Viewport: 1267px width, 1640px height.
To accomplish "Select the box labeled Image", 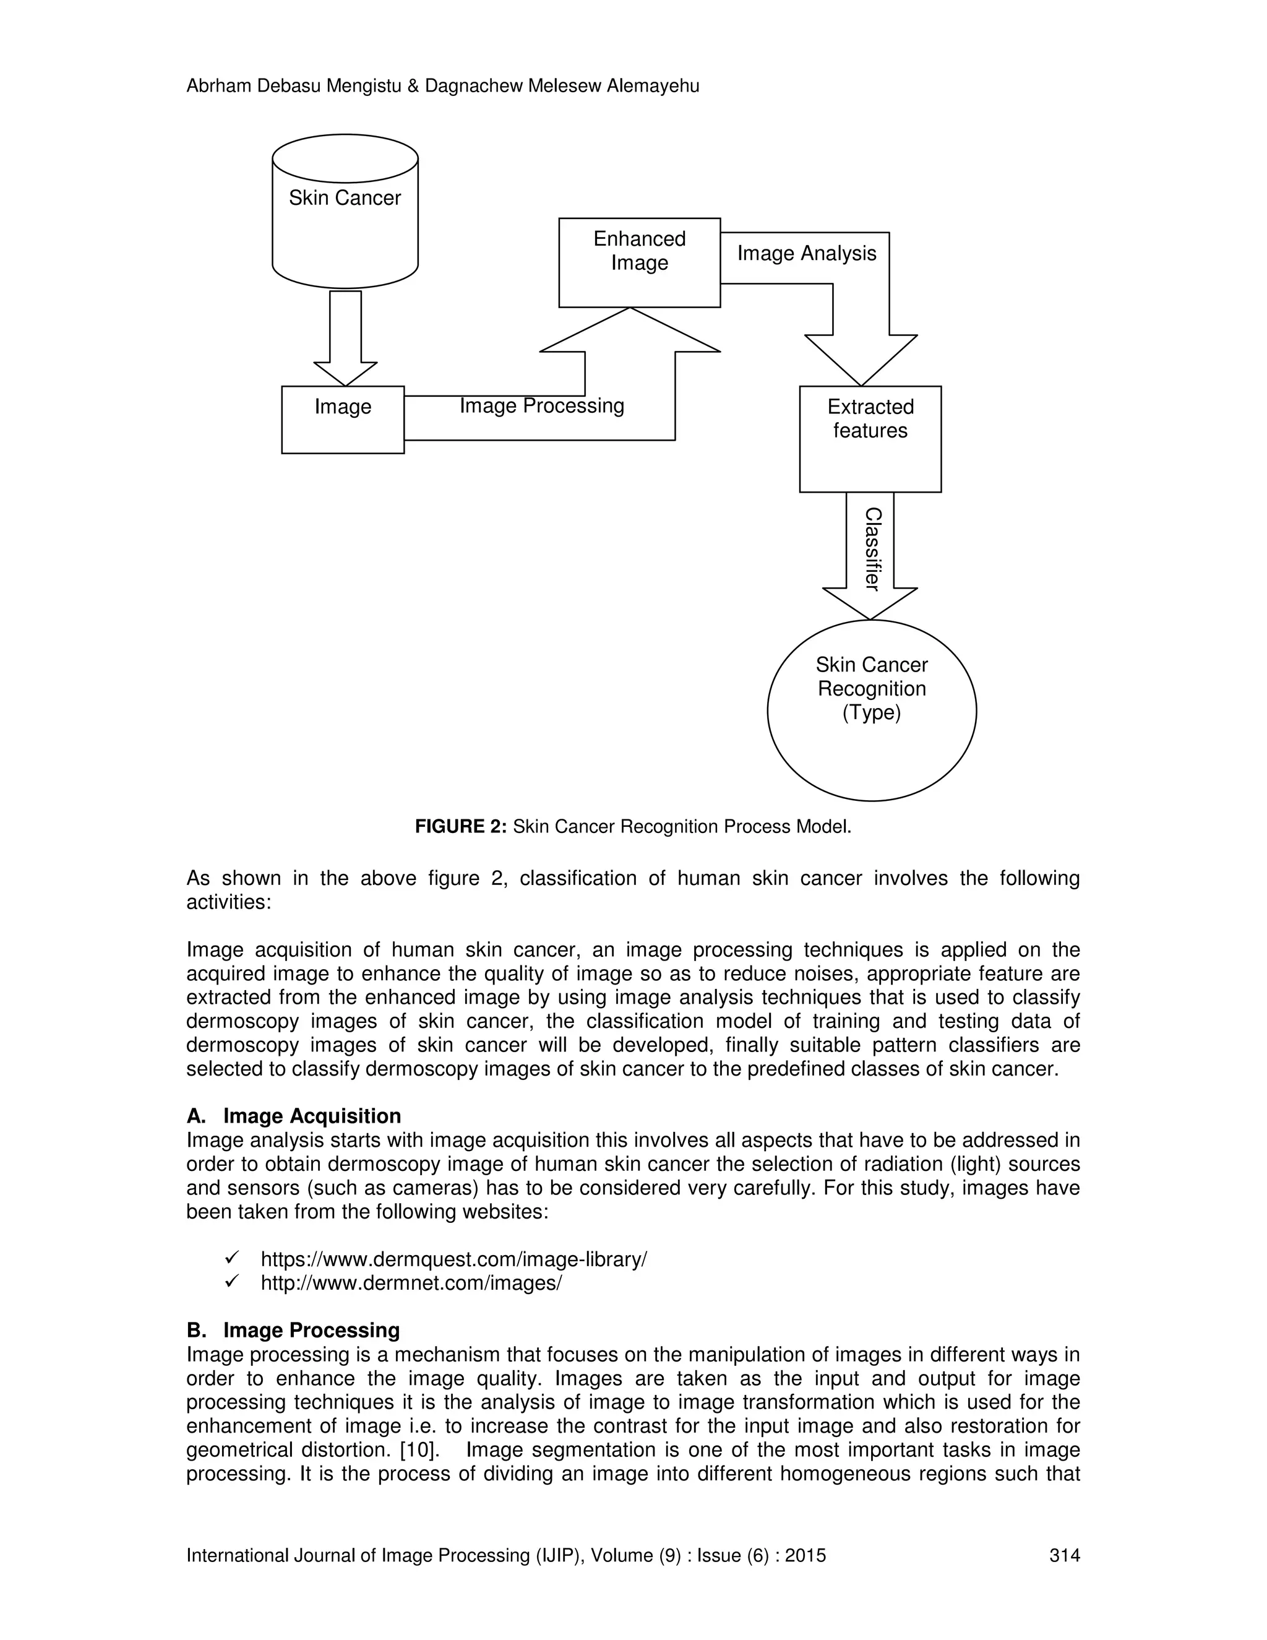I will tap(342, 420).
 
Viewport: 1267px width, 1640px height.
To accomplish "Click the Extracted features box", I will tap(870, 439).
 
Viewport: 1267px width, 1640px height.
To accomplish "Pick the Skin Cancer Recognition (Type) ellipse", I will tap(872, 710).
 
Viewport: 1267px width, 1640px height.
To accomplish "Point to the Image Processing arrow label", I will tap(541, 406).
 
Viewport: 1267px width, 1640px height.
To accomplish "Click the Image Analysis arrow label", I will tap(806, 254).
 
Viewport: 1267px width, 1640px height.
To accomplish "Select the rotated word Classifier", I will tap(872, 549).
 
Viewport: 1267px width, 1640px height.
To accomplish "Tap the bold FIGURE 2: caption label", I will tap(461, 827).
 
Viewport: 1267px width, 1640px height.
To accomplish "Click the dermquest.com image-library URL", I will tap(453, 1259).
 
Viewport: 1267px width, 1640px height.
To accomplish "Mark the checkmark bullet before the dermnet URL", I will tap(232, 1282).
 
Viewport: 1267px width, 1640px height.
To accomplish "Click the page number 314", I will tap(1063, 1555).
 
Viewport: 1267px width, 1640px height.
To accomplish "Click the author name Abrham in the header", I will tap(219, 87).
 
